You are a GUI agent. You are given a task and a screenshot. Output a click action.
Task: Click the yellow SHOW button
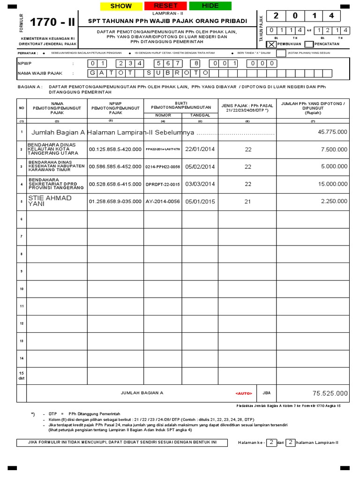pyautogui.click(x=120, y=6)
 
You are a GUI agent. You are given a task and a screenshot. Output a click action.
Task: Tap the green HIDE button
pyautogui.click(x=210, y=6)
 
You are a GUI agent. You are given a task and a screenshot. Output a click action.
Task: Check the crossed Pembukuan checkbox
pyautogui.click(x=271, y=44)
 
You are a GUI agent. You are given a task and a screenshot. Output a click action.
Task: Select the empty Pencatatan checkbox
pyautogui.click(x=309, y=44)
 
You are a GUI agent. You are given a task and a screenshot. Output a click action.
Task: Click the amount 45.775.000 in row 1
pyautogui.click(x=332, y=132)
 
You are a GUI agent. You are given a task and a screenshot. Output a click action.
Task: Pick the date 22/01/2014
pyautogui.click(x=200, y=149)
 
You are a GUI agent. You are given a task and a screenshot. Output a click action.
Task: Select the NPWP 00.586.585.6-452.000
pyautogui.click(x=115, y=166)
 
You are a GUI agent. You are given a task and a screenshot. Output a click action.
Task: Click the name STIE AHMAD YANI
pyautogui.click(x=50, y=201)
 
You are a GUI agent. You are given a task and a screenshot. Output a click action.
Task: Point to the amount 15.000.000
pyautogui.click(x=332, y=184)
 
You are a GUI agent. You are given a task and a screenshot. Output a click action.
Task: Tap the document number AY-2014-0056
pyautogui.click(x=163, y=202)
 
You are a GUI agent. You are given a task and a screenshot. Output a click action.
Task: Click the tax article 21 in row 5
pyautogui.click(x=247, y=202)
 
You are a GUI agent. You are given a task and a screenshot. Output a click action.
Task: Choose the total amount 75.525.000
pyautogui.click(x=330, y=393)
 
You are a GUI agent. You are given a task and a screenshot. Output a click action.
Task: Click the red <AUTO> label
pyautogui.click(x=244, y=393)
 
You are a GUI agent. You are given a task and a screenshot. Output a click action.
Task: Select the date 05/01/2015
pyautogui.click(x=200, y=202)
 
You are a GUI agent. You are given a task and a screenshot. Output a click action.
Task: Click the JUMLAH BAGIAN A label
pyautogui.click(x=142, y=393)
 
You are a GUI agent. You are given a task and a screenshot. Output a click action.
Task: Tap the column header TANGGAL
pyautogui.click(x=200, y=115)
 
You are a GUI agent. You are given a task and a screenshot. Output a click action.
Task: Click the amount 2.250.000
pyautogui.click(x=334, y=202)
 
